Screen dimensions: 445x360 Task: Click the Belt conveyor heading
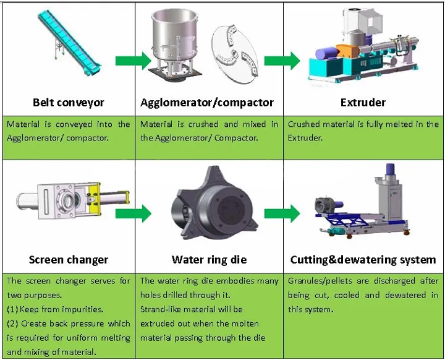[69, 102]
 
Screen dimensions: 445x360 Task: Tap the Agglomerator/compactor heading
[207, 102]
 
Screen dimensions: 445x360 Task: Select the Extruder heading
[363, 102]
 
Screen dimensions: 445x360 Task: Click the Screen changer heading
[69, 260]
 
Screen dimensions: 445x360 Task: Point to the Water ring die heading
[209, 260]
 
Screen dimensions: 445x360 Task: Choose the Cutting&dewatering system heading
[363, 260]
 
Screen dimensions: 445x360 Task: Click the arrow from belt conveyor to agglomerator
[133, 61]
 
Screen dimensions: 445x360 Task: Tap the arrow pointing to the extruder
[282, 61]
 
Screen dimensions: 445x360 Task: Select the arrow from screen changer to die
[133, 213]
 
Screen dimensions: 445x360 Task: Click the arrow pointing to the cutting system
[282, 213]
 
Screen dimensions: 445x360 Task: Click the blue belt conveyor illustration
[69, 43]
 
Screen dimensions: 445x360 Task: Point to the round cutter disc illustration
[235, 54]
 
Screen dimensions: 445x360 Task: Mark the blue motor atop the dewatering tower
[390, 171]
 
